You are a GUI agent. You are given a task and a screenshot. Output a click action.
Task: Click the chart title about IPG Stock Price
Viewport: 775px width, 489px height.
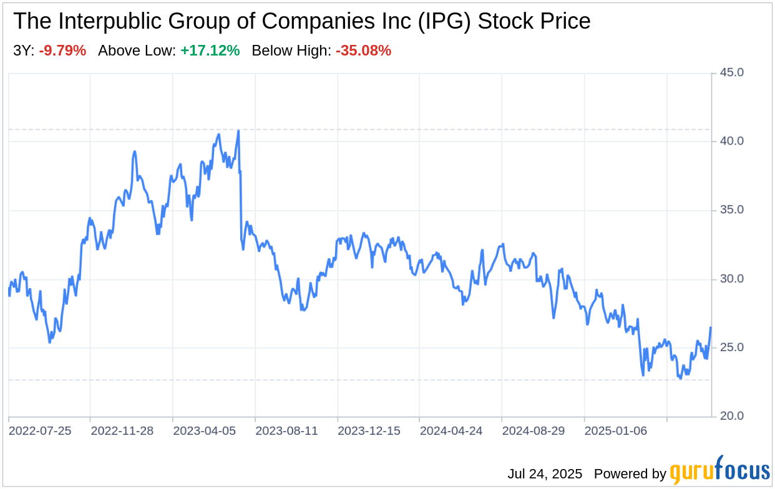click(x=301, y=21)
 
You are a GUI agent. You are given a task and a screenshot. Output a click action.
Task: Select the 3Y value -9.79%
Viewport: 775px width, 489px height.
click(x=62, y=51)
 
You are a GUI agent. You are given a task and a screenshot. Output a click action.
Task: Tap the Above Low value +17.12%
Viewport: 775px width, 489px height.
click(x=210, y=51)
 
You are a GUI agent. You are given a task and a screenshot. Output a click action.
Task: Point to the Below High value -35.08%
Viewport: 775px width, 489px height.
click(x=363, y=51)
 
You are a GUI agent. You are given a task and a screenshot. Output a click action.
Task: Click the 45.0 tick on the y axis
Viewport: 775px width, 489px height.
click(x=731, y=72)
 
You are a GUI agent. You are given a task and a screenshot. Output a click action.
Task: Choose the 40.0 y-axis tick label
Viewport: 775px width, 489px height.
click(x=731, y=141)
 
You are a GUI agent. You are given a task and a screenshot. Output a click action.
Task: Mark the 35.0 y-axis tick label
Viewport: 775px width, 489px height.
click(x=731, y=210)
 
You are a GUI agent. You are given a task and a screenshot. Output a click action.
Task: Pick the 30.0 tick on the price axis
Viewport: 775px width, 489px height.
click(x=731, y=279)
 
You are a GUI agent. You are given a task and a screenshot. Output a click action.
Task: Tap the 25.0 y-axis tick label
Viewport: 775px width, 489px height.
click(x=731, y=347)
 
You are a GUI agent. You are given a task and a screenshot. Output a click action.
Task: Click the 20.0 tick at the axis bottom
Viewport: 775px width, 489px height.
click(x=731, y=416)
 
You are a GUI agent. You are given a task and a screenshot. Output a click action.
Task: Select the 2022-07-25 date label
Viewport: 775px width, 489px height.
click(x=41, y=431)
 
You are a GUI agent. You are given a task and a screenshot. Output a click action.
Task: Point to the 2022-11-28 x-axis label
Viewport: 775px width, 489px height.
click(x=122, y=431)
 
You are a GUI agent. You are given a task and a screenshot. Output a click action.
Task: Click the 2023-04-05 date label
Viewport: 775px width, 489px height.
click(x=204, y=431)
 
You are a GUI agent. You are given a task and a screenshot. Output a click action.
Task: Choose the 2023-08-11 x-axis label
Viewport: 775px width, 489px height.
click(x=286, y=431)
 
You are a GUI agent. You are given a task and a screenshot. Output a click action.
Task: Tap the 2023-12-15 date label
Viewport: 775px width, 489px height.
click(x=369, y=431)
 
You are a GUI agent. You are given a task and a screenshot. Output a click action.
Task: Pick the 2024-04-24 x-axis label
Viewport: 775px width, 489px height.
click(x=451, y=431)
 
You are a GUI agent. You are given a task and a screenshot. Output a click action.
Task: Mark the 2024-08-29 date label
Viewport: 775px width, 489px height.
click(x=534, y=431)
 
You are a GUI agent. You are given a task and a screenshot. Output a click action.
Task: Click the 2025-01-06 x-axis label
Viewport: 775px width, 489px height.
click(x=616, y=431)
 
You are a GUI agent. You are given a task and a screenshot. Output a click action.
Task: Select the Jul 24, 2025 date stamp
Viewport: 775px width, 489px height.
click(x=545, y=474)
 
